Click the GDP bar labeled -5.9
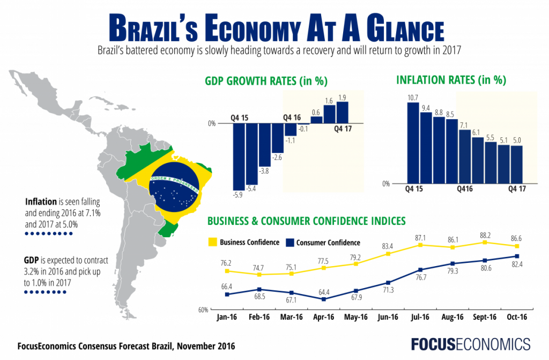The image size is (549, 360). [x=239, y=156]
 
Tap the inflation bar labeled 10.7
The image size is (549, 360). [x=413, y=142]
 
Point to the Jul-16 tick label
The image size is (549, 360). [x=420, y=317]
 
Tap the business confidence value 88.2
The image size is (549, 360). [x=484, y=234]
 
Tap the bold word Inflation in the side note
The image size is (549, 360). [x=41, y=202]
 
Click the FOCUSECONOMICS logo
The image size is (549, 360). [x=470, y=344]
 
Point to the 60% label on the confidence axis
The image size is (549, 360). [x=203, y=310]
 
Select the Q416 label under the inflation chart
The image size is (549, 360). [x=466, y=189]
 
